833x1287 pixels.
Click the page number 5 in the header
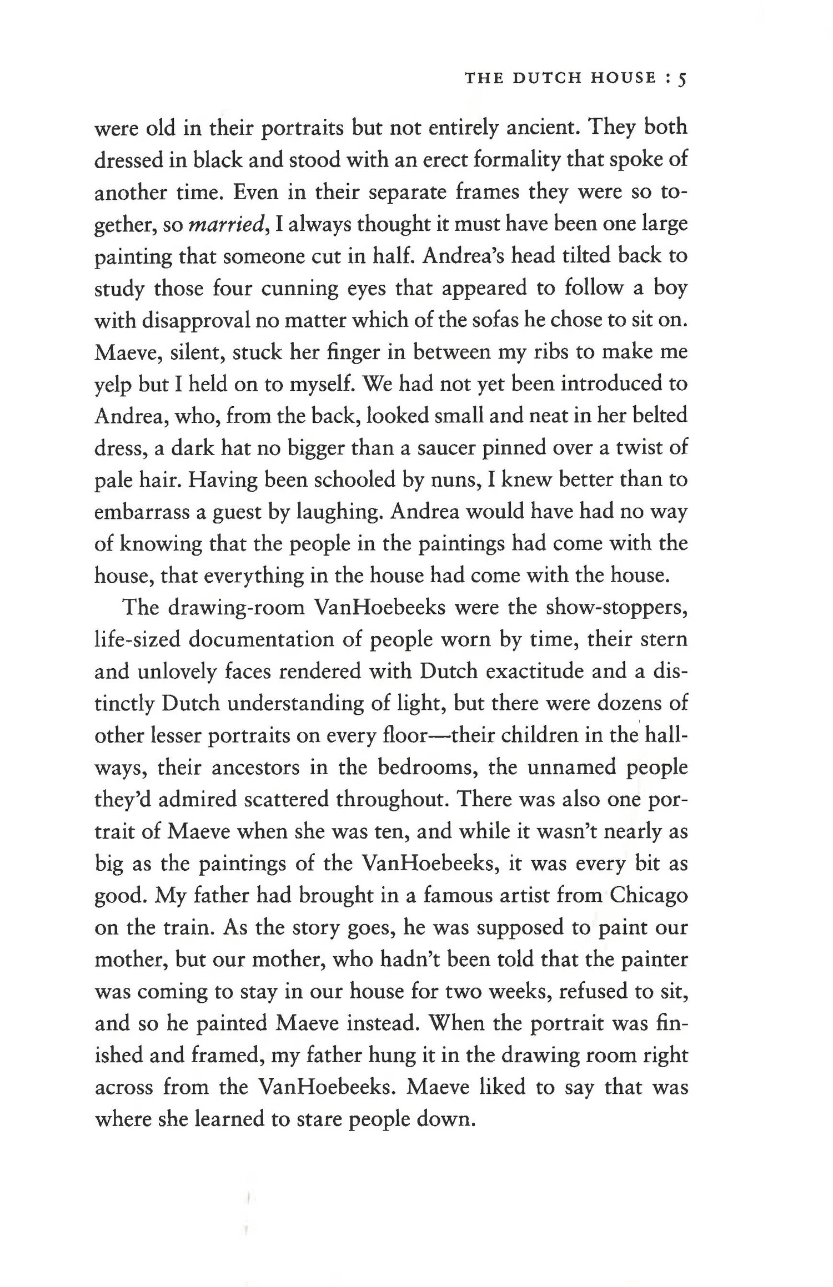(x=683, y=79)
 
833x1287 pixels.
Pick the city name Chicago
(x=648, y=896)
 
